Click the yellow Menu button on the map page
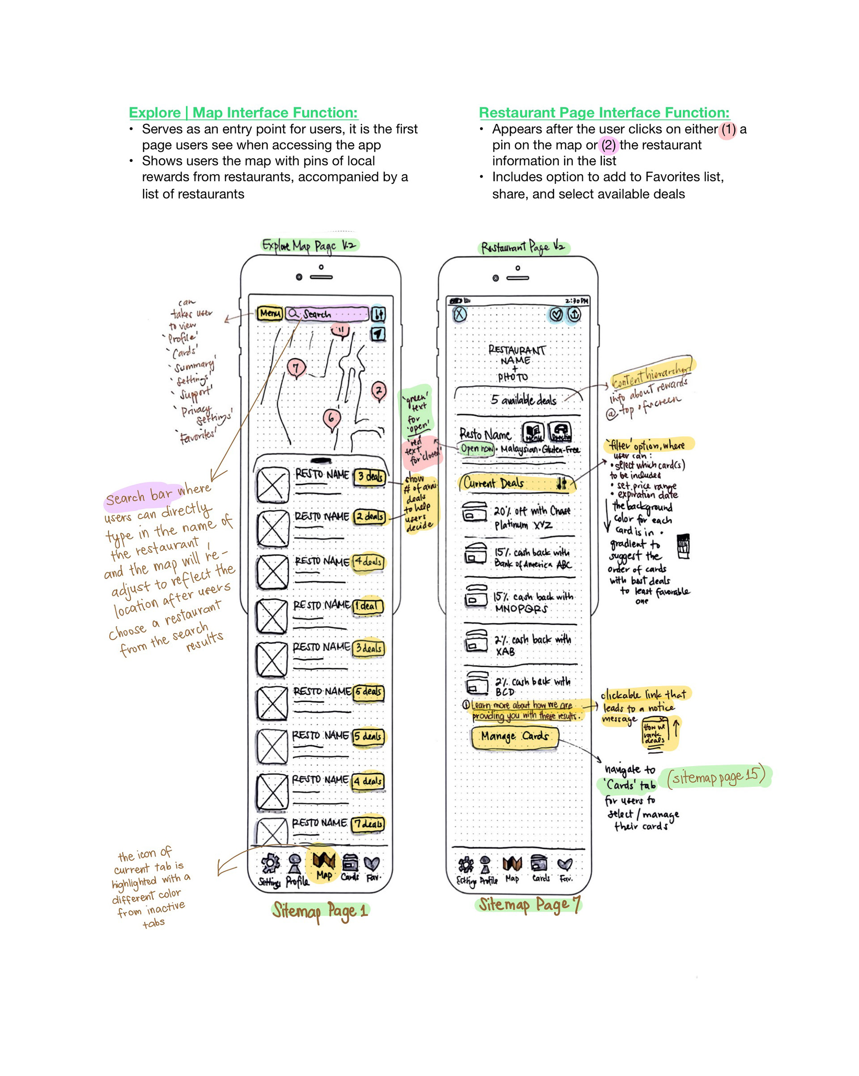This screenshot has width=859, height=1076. (x=270, y=313)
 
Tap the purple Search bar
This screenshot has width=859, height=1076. (x=327, y=313)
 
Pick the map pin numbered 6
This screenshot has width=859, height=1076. (x=331, y=417)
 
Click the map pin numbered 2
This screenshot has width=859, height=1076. (x=379, y=391)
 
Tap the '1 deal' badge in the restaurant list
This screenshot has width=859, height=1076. (x=368, y=606)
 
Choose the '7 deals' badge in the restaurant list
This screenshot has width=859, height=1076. (x=368, y=824)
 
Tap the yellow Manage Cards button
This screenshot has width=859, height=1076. (x=515, y=737)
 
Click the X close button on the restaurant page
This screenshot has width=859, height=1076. (x=459, y=314)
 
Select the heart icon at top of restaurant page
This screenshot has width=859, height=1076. (x=556, y=314)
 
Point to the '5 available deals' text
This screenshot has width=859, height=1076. (x=523, y=400)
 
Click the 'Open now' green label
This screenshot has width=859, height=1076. (x=476, y=449)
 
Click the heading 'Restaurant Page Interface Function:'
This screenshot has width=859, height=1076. (x=604, y=112)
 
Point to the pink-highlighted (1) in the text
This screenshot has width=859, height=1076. (x=727, y=129)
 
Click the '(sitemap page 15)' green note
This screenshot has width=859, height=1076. (x=715, y=776)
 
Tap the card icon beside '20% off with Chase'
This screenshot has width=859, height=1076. (x=474, y=512)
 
